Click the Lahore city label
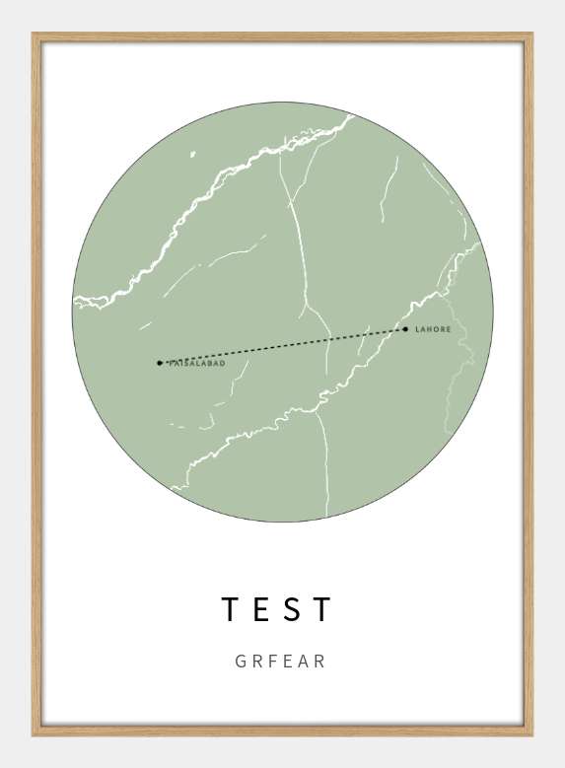pos(433,329)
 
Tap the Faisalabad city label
pos(198,364)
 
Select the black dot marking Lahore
pos(405,329)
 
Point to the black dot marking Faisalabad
pos(160,363)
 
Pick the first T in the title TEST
pos(231,609)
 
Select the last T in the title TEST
pos(322,609)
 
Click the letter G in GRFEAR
pos(241,662)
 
